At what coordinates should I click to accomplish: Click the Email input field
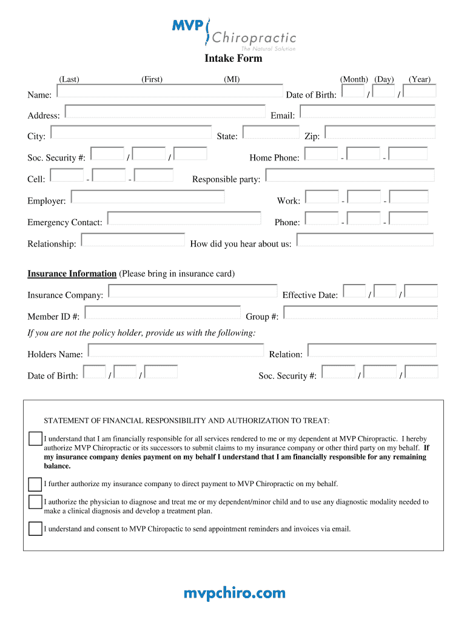tap(368, 112)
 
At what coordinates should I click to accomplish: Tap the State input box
tap(271, 133)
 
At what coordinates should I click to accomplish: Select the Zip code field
tap(380, 133)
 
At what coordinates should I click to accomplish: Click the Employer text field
tap(148, 197)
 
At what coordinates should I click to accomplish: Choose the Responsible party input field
tap(350, 176)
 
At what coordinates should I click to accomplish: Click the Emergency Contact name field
tap(184, 219)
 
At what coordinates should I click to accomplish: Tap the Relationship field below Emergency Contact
tap(133, 240)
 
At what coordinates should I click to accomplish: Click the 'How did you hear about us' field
tap(365, 240)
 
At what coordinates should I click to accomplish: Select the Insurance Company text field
tap(192, 292)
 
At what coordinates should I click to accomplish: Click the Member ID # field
tap(163, 313)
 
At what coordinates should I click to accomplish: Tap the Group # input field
tap(360, 313)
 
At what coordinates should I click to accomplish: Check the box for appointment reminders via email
tap(35, 529)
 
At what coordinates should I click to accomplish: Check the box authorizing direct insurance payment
tap(35, 484)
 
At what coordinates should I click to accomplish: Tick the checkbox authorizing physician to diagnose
tap(35, 502)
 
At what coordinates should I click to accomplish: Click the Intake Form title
tap(233, 59)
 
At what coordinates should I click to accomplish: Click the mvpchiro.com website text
tap(234, 593)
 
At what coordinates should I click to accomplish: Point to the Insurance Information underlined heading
tap(72, 274)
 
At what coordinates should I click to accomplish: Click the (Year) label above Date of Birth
tap(420, 79)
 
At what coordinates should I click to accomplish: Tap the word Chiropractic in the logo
tap(254, 38)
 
